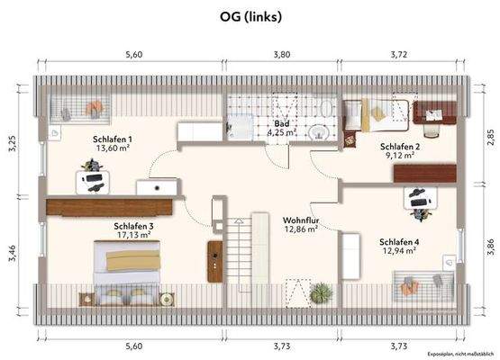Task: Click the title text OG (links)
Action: point(250,16)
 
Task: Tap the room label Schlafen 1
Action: point(113,139)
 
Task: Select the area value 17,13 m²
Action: point(132,235)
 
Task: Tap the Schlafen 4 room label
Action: point(398,241)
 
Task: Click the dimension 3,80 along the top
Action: point(281,54)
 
